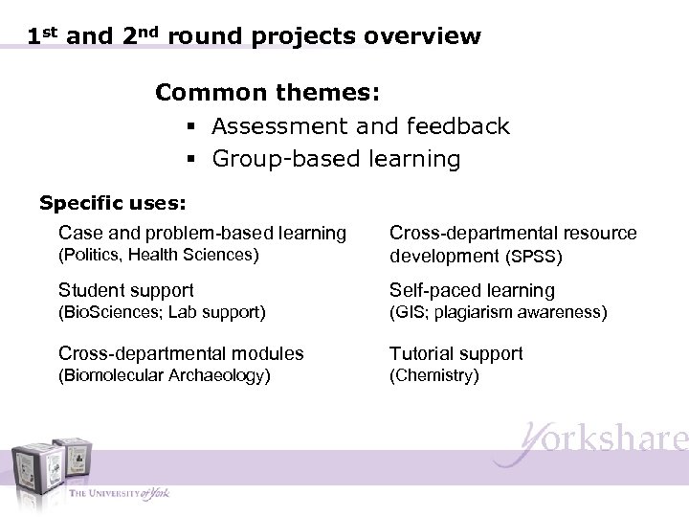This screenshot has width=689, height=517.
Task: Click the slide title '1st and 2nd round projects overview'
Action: pyautogui.click(x=254, y=37)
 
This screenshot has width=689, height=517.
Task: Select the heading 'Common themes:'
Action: pyautogui.click(x=268, y=93)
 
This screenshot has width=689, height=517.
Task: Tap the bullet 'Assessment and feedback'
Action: pyautogui.click(x=361, y=126)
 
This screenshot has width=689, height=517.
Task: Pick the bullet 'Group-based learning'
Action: pyautogui.click(x=336, y=158)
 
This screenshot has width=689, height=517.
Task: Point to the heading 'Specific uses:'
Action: pyautogui.click(x=112, y=203)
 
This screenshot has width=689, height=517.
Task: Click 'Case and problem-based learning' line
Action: pyautogui.click(x=202, y=233)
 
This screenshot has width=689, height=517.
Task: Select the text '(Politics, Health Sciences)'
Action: pyautogui.click(x=158, y=255)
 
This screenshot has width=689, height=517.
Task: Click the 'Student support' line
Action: pyautogui.click(x=125, y=290)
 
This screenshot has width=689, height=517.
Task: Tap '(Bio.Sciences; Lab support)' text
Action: pyautogui.click(x=162, y=312)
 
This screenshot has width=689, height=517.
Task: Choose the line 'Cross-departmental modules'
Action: pyautogui.click(x=181, y=353)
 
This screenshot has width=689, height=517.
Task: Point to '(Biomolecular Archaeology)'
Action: pyautogui.click(x=165, y=375)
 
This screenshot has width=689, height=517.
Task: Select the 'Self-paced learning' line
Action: pyautogui.click(x=472, y=290)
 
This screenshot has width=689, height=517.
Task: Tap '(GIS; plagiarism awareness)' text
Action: pyautogui.click(x=498, y=312)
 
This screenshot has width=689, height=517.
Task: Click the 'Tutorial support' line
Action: pyautogui.click(x=456, y=353)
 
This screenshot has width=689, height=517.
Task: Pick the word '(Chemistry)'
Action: pyautogui.click(x=433, y=375)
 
